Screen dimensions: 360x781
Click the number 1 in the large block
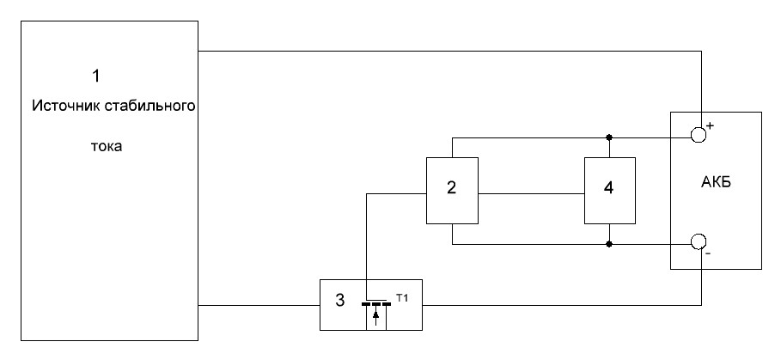coord(96,76)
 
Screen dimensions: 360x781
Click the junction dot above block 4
coord(609,137)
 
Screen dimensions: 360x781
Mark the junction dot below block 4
coord(609,244)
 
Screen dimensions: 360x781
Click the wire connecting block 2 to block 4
coord(531,193)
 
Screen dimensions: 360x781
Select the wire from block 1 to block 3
coord(258,304)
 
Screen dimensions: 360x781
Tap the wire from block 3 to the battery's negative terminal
coord(558,304)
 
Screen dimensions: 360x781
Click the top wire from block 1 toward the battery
coord(447,51)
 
